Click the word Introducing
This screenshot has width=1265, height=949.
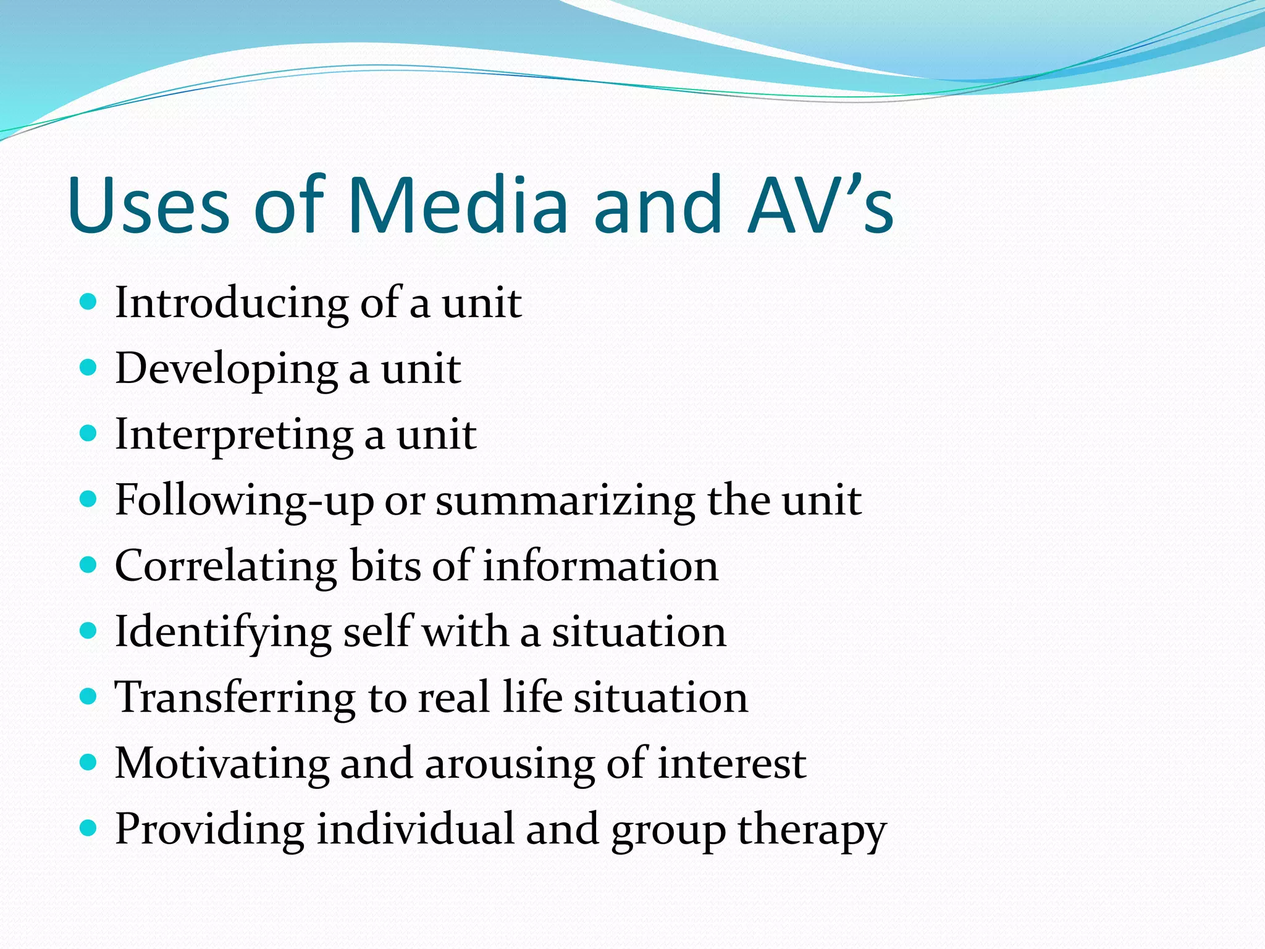click(232, 303)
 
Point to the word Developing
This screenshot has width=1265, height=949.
click(226, 369)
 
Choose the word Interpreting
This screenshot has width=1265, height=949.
click(234, 435)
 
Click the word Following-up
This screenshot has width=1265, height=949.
click(245, 500)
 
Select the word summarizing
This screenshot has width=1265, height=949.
click(565, 500)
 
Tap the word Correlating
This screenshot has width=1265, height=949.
click(226, 566)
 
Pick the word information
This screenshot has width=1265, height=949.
click(600, 566)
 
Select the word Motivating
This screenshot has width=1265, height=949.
click(222, 763)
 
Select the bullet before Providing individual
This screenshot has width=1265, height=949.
click(89, 828)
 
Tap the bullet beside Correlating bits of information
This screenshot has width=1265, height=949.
click(89, 565)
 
